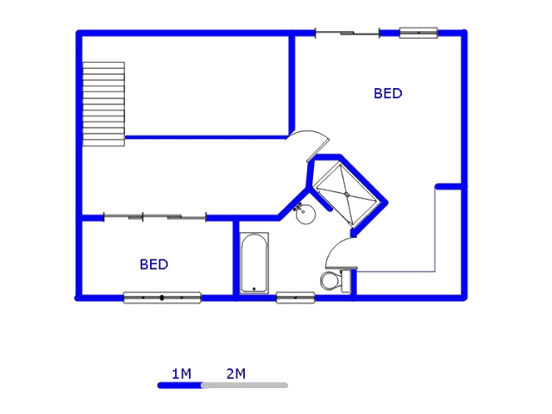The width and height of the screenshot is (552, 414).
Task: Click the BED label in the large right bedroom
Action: pyautogui.click(x=387, y=93)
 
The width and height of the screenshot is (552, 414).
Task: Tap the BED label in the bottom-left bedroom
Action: pyautogui.click(x=154, y=264)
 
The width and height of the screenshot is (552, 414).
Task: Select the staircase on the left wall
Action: pyautogui.click(x=103, y=104)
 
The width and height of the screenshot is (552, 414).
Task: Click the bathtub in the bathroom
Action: pyautogui.click(x=254, y=263)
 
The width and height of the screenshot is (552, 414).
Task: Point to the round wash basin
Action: pyautogui.click(x=305, y=214)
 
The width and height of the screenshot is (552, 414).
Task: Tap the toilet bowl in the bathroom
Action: pyautogui.click(x=330, y=280)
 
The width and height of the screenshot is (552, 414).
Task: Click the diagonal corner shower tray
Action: pyautogui.click(x=347, y=194)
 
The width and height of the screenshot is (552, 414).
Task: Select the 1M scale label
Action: pyautogui.click(x=181, y=373)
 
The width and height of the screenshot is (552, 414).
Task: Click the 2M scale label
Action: pyautogui.click(x=235, y=373)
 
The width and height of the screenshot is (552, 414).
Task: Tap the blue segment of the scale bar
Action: pyautogui.click(x=180, y=386)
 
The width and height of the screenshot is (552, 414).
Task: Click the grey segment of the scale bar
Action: pyautogui.click(x=245, y=386)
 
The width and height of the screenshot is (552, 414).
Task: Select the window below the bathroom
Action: pyautogui.click(x=295, y=298)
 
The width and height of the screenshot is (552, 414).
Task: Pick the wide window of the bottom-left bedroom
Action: pyautogui.click(x=162, y=298)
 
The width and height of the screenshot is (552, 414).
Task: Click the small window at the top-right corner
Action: pyautogui.click(x=418, y=33)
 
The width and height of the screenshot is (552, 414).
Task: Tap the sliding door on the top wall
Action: pyautogui.click(x=347, y=34)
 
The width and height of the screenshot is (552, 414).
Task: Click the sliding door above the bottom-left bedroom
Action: pyautogui.click(x=155, y=217)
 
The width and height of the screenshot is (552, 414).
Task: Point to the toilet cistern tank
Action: pyautogui.click(x=346, y=281)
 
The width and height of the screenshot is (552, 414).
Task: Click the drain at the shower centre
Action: pyautogui.click(x=347, y=194)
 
